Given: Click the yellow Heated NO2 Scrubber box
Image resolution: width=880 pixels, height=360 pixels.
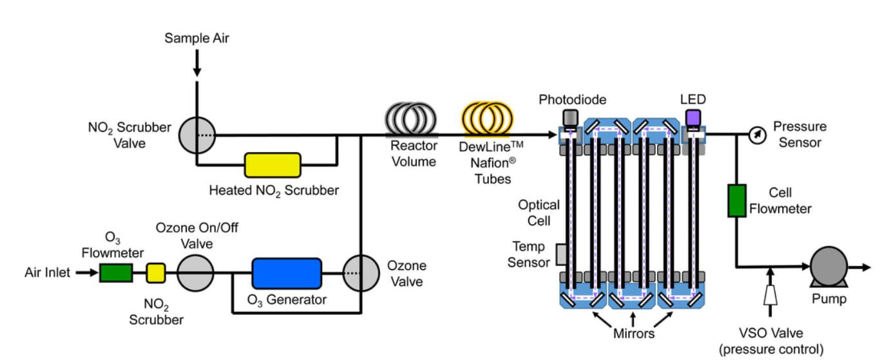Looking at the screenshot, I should [273, 165].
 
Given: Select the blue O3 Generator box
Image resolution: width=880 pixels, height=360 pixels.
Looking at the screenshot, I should [286, 273].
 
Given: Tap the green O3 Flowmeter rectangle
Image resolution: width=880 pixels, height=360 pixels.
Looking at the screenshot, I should [116, 273].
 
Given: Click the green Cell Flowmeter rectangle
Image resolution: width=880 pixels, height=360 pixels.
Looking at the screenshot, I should [736, 200].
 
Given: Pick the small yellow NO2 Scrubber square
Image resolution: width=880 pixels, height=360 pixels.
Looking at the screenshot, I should [155, 273].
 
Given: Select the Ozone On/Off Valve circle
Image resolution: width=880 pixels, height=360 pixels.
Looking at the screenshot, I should [195, 273].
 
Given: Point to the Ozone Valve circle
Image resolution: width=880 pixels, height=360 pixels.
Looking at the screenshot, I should [360, 273].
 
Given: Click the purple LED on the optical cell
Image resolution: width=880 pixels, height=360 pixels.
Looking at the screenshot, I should [693, 118].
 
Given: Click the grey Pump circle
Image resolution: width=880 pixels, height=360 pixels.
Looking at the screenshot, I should [827, 265].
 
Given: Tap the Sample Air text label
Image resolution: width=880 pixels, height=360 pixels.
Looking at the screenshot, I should [196, 39].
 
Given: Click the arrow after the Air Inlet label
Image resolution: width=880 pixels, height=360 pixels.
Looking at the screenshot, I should [86, 273].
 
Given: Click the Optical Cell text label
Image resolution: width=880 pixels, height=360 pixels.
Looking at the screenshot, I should [539, 213].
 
